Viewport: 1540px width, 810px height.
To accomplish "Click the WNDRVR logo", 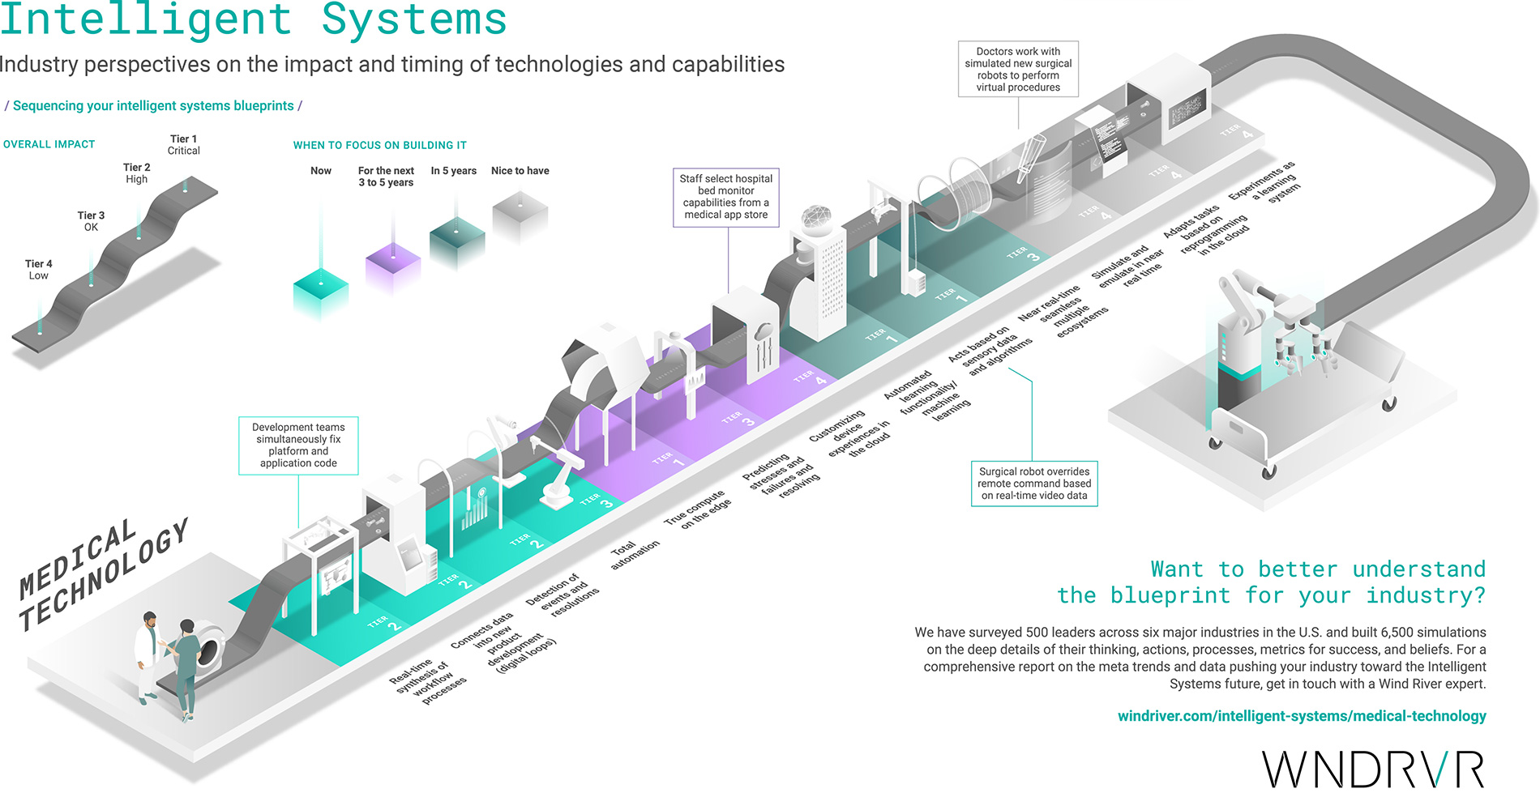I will [x=1373, y=769].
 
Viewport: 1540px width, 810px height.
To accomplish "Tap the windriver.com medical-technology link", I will [x=1301, y=716].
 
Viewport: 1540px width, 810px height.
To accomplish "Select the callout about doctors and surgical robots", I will [x=1018, y=70].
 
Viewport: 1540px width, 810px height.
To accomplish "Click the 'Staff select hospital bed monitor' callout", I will [x=725, y=197].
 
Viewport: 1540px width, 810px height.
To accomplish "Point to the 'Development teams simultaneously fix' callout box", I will [x=298, y=446].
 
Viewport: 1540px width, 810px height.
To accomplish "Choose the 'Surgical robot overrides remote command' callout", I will [x=1034, y=484].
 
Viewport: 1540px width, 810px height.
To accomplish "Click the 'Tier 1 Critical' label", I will [x=183, y=145].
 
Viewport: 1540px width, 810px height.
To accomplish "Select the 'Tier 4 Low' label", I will [x=38, y=270].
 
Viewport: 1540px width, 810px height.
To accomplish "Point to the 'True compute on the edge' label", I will [x=697, y=509].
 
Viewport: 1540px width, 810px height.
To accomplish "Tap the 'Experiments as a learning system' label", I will [x=1265, y=181].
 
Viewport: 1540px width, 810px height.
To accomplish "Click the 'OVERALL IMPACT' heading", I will [x=49, y=144].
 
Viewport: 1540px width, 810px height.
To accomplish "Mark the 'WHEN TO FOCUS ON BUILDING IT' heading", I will [x=379, y=145].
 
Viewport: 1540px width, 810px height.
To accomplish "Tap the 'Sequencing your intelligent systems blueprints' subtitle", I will [x=153, y=106].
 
